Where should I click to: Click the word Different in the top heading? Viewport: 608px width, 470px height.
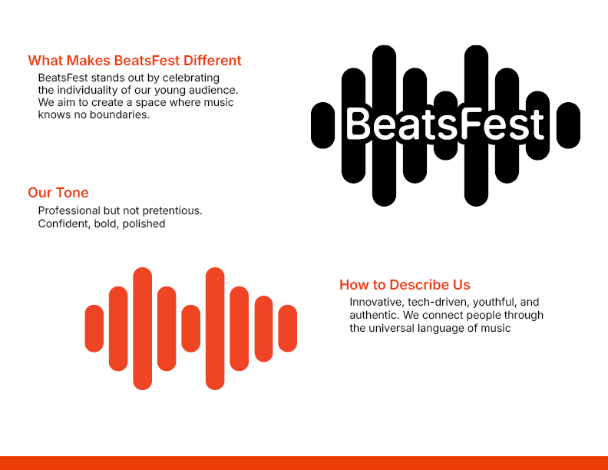click(212, 61)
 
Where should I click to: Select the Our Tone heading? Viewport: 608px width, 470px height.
click(58, 193)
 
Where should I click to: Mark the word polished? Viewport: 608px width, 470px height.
click(144, 224)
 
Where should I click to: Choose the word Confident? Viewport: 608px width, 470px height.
click(64, 223)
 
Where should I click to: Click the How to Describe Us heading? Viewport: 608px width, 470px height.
click(405, 285)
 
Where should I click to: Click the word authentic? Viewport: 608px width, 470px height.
click(375, 316)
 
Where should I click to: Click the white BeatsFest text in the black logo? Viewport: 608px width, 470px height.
click(445, 124)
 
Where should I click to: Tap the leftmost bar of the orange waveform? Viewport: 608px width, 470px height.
click(94, 329)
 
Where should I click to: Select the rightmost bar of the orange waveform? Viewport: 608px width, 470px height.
click(288, 329)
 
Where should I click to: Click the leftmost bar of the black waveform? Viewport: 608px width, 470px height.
click(322, 125)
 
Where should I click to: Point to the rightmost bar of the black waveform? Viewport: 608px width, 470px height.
click(568, 125)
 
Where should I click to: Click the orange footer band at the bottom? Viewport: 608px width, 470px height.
click(304, 463)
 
